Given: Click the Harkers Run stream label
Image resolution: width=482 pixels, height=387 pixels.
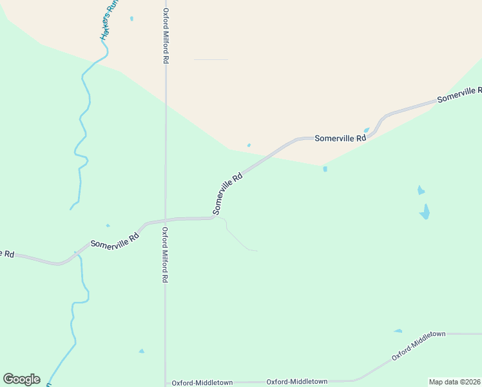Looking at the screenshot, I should pyautogui.click(x=110, y=20).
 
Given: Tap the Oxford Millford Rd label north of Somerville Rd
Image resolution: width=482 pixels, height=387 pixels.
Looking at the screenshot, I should pyautogui.click(x=166, y=35).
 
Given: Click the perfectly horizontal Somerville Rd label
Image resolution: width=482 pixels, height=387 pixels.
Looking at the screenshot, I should pyautogui.click(x=340, y=138).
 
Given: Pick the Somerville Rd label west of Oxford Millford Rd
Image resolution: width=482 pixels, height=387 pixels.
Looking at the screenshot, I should pyautogui.click(x=115, y=241).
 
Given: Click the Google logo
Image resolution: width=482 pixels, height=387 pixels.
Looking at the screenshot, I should pyautogui.click(x=21, y=379).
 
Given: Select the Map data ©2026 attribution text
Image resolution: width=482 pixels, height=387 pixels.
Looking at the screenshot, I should pyautogui.click(x=454, y=382).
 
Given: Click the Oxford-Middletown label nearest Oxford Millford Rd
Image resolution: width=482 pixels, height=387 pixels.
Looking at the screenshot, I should pyautogui.click(x=202, y=382).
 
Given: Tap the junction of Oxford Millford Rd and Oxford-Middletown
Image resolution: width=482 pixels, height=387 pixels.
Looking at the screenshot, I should pyautogui.click(x=165, y=382).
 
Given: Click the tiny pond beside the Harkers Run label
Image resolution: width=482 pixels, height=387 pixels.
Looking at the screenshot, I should pyautogui.click(x=131, y=18).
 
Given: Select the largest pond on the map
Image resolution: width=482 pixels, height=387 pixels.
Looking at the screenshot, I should pyautogui.click(x=425, y=212).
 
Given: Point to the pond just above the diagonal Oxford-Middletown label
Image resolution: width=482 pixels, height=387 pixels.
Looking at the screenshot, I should pyautogui.click(x=398, y=331).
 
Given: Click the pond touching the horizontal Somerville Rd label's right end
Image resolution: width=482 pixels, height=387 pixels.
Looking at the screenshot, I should pyautogui.click(x=367, y=130).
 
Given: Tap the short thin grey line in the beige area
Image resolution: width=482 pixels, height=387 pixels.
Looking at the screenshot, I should pyautogui.click(x=211, y=60).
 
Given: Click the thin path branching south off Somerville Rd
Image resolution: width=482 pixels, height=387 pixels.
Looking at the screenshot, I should pyautogui.click(x=236, y=237).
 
